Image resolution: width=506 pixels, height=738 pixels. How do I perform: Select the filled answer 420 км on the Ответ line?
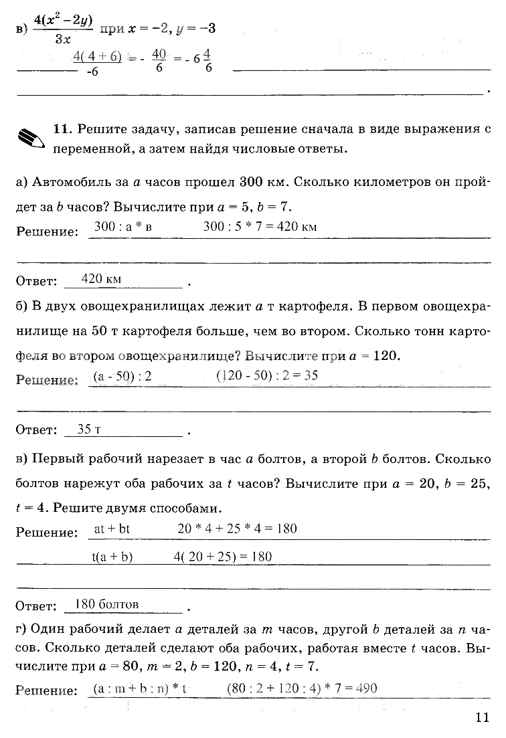click(100, 279)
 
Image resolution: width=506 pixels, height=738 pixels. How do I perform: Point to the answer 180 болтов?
click(107, 604)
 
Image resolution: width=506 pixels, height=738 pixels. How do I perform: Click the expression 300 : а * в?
click(123, 226)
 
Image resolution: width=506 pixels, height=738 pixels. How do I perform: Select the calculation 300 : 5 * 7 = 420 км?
click(260, 226)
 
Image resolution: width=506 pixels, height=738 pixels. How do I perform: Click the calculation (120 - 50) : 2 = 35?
click(266, 376)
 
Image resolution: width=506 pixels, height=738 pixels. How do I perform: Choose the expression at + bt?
click(112, 529)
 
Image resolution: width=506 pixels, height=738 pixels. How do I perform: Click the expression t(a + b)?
click(112, 557)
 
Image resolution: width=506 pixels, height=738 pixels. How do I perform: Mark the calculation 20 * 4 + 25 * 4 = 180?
click(237, 529)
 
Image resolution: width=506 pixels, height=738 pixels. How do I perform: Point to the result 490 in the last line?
click(367, 688)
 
